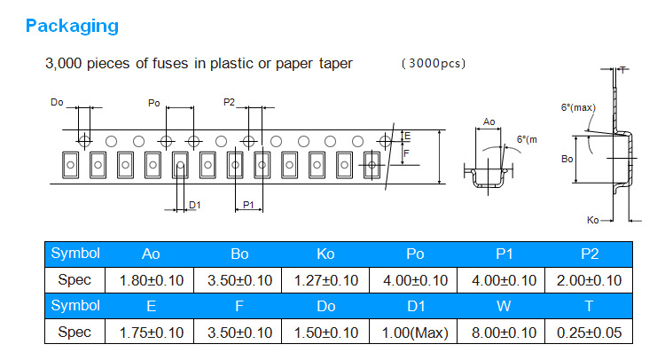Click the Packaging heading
pyautogui.click(x=72, y=26)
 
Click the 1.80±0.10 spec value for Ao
pyautogui.click(x=151, y=280)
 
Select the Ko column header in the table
pyautogui.click(x=325, y=254)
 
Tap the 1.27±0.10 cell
pyautogui.click(x=325, y=280)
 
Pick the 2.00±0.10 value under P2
pyautogui.click(x=590, y=280)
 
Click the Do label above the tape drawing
pyautogui.click(x=57, y=104)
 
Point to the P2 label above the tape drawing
pyautogui.click(x=230, y=103)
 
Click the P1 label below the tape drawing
pyautogui.click(x=249, y=205)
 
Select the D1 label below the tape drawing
pyautogui.click(x=195, y=205)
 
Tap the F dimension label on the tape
pyautogui.click(x=406, y=154)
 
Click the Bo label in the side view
pyautogui.click(x=567, y=160)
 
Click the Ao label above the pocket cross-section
pyautogui.click(x=489, y=122)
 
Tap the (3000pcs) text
pyautogui.click(x=434, y=64)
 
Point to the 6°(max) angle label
pyautogui.click(x=577, y=107)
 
